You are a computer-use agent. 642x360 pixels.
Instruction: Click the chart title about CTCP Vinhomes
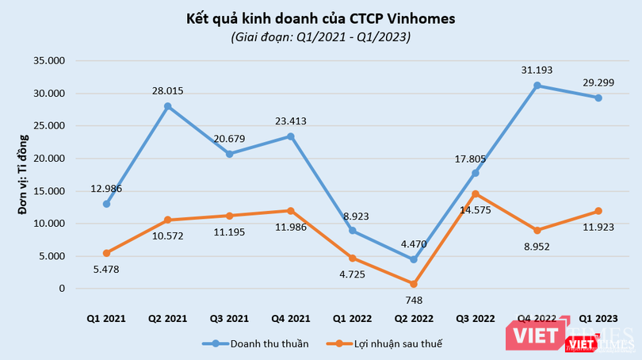point(320,17)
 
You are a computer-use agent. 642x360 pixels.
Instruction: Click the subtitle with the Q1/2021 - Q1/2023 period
point(320,36)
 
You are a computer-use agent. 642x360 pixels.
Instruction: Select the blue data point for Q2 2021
point(167,106)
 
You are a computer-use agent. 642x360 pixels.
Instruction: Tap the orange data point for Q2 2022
point(413,283)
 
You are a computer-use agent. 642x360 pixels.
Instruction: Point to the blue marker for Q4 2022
point(537,86)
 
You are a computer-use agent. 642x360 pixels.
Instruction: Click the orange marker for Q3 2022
point(475,193)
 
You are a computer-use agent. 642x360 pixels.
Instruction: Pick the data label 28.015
point(167,91)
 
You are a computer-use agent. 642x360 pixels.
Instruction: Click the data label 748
point(413,301)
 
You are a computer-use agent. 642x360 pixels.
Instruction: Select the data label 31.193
point(537,71)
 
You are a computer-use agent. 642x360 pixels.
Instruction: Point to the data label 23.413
point(290,121)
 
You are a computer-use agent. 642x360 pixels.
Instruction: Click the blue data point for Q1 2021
point(106,204)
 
